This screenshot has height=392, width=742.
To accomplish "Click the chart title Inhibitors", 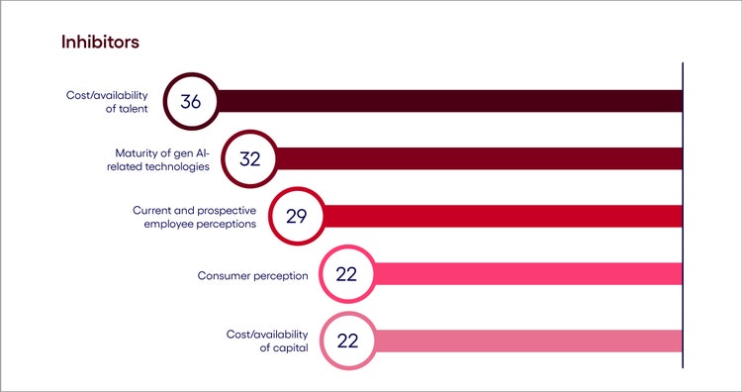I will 100,43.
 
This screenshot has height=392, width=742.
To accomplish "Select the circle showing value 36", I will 190,101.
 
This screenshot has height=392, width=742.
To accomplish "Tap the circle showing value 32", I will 249,158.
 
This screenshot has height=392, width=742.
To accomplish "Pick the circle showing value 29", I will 297,216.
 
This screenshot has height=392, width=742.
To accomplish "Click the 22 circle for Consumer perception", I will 345,274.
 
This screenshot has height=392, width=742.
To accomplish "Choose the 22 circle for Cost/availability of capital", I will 345,341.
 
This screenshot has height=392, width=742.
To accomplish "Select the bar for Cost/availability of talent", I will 445,101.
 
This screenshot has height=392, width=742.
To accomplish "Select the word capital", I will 292,348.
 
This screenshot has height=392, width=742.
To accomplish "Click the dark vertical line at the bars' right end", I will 682,218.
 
